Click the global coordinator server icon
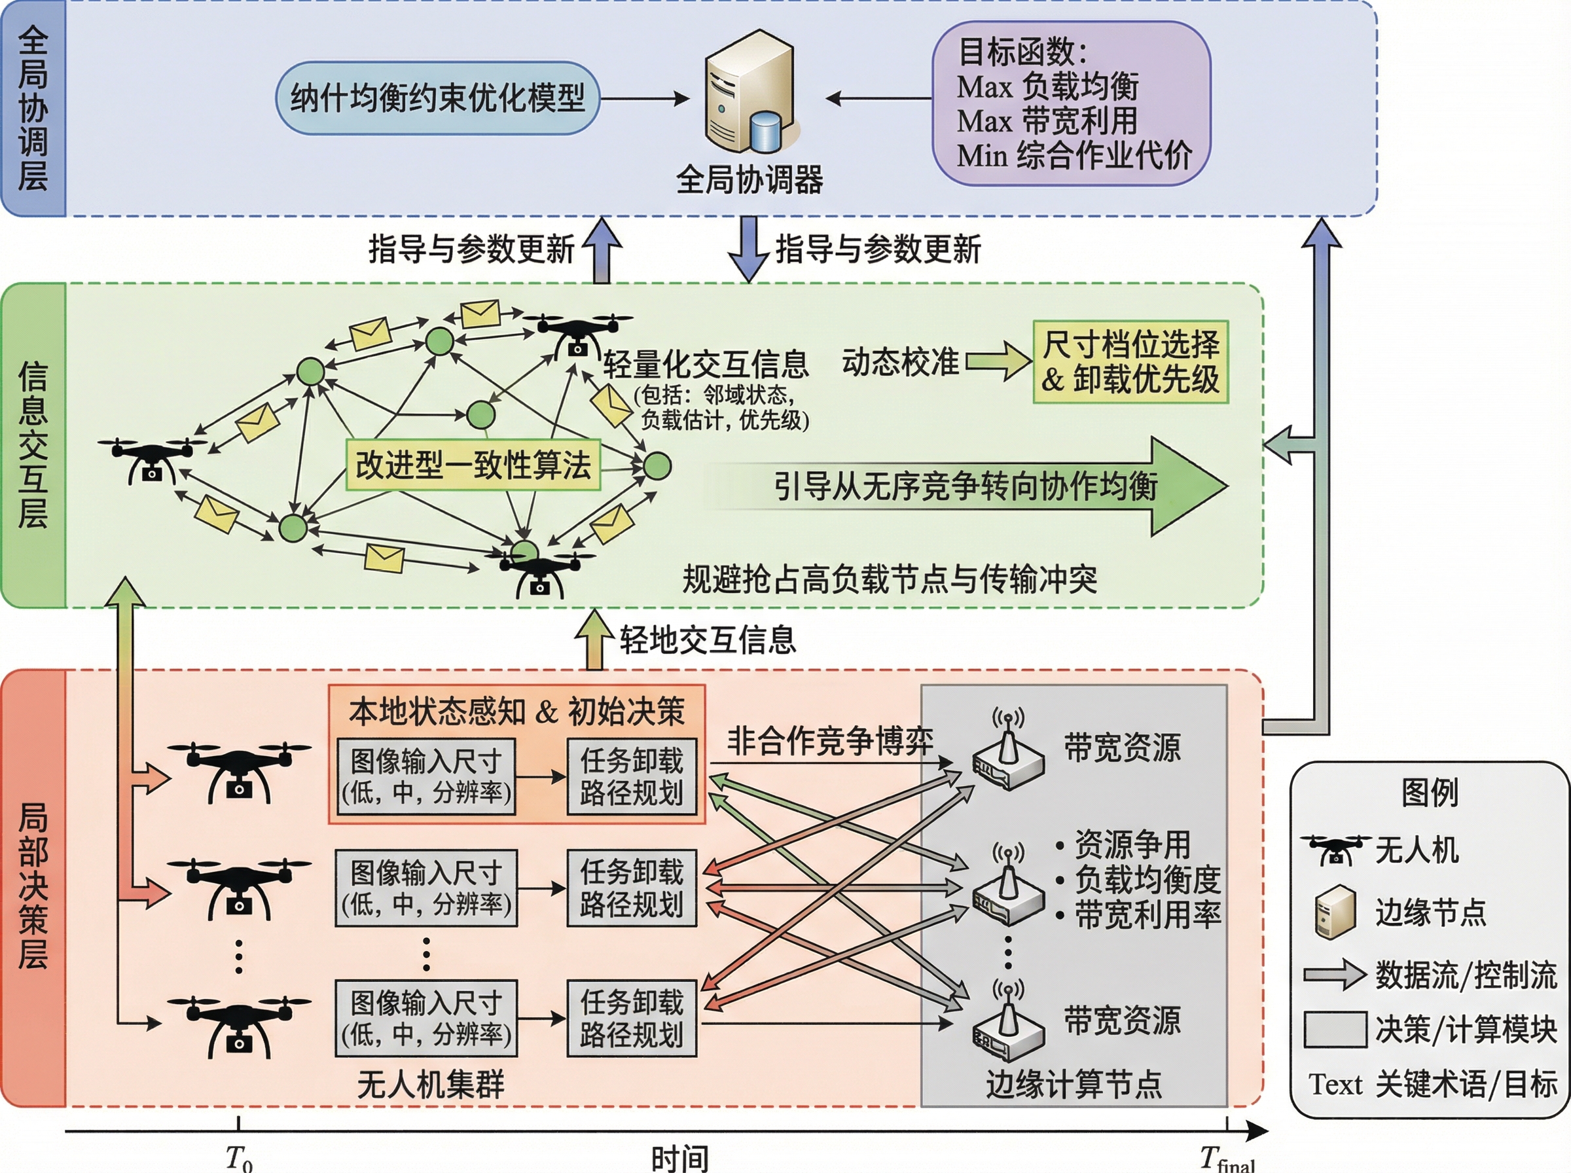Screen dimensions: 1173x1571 pos(749,92)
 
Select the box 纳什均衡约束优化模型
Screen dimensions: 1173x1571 pos(437,98)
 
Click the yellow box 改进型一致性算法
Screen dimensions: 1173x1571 pos(473,465)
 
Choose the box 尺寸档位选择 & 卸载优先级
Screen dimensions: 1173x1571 pos(1130,362)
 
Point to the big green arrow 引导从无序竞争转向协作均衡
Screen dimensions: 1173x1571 pos(966,487)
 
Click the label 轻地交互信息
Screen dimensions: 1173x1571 pos(707,640)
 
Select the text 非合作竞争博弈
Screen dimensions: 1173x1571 pos(829,741)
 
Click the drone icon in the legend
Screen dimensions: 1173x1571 pos(1335,849)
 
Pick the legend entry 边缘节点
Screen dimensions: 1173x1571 pos(1430,912)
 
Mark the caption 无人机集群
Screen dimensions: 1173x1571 pos(430,1084)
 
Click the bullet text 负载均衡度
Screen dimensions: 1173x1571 pos(1146,880)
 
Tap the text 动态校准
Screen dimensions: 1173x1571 pos(899,362)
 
